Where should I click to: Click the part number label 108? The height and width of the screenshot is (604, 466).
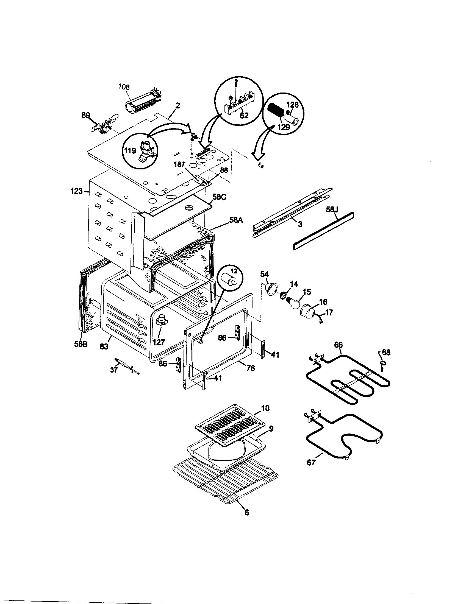[x=124, y=87]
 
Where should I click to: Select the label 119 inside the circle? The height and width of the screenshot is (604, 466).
[x=130, y=151]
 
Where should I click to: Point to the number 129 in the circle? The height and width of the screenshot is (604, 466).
[x=283, y=127]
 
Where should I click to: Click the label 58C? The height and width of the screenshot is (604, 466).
[x=219, y=197]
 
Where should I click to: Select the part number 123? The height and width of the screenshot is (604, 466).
[x=76, y=191]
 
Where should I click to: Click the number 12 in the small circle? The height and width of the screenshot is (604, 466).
[x=234, y=271]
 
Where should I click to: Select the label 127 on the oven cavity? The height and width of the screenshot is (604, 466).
[x=159, y=342]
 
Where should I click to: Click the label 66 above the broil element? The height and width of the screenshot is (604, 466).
[x=338, y=345]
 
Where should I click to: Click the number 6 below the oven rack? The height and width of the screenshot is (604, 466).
[x=246, y=513]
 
